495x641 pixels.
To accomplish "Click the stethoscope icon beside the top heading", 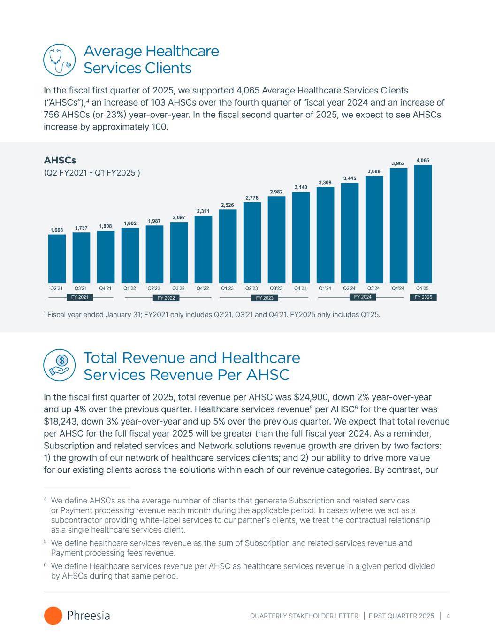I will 59,60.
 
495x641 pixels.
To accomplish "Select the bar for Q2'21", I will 57,258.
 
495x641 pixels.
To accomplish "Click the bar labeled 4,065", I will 423,224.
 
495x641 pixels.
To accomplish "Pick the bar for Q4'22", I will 203,249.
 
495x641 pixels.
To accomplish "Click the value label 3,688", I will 374,172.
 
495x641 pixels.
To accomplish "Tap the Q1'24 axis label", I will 325,288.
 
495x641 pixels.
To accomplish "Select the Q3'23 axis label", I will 276,288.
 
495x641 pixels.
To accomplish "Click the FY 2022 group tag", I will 166,298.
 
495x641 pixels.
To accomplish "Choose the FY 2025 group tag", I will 423,297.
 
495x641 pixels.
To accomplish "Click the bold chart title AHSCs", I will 60,161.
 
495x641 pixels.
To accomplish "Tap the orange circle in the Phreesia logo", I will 53,616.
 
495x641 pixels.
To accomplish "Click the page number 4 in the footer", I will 449,616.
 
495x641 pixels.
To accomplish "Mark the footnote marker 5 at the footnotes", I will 45,542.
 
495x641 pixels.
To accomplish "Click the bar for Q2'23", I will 252,242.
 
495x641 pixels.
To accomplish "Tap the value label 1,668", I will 57,230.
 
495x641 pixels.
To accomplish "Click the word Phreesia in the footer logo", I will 89,616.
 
